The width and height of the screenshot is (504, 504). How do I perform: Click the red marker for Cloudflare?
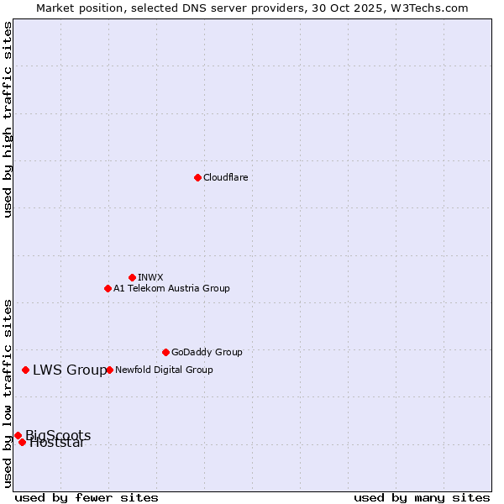(197, 177)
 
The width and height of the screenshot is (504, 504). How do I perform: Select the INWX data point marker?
(132, 277)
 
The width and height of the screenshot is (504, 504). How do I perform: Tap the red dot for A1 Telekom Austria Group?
(108, 288)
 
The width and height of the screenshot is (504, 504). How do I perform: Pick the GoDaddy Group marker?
(165, 352)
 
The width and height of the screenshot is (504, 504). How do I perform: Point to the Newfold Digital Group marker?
(109, 370)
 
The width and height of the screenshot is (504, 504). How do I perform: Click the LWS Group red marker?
(26, 370)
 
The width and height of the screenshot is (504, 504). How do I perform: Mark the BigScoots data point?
(18, 435)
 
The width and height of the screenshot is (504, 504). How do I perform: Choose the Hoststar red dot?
(22, 442)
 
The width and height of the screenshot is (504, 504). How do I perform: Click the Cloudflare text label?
(225, 177)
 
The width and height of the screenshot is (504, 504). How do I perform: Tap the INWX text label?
(150, 277)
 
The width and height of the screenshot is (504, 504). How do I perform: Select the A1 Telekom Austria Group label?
(171, 288)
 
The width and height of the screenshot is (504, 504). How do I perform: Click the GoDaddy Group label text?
(207, 352)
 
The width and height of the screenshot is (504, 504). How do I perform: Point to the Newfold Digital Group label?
(164, 370)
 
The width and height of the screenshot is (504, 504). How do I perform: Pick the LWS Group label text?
(70, 370)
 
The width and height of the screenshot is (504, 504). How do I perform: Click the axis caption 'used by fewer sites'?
(87, 497)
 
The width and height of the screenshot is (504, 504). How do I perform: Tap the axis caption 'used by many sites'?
(422, 497)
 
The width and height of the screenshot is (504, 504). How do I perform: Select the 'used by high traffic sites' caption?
(8, 119)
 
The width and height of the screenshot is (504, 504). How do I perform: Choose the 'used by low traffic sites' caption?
(8, 393)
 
